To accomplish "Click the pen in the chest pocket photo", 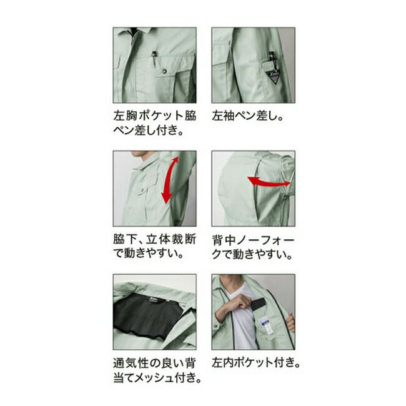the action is pos(154,59).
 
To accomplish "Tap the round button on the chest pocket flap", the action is pos(164,71).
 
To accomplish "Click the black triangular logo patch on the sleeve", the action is pos(274,76).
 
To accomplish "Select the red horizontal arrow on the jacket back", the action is pos(269,181).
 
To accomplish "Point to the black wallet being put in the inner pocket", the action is pos(258,304).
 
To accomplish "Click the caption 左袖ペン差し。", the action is pos(248,116).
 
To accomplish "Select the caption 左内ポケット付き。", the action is pos(256,362).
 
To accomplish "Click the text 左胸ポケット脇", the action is pos(155,116).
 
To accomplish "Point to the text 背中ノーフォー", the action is pos(253,240).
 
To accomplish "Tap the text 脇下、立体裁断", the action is pos(155,239).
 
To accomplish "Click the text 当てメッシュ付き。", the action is pos(157,378).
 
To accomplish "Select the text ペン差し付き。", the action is pos(149,130).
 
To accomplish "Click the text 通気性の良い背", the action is pos(154,363).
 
